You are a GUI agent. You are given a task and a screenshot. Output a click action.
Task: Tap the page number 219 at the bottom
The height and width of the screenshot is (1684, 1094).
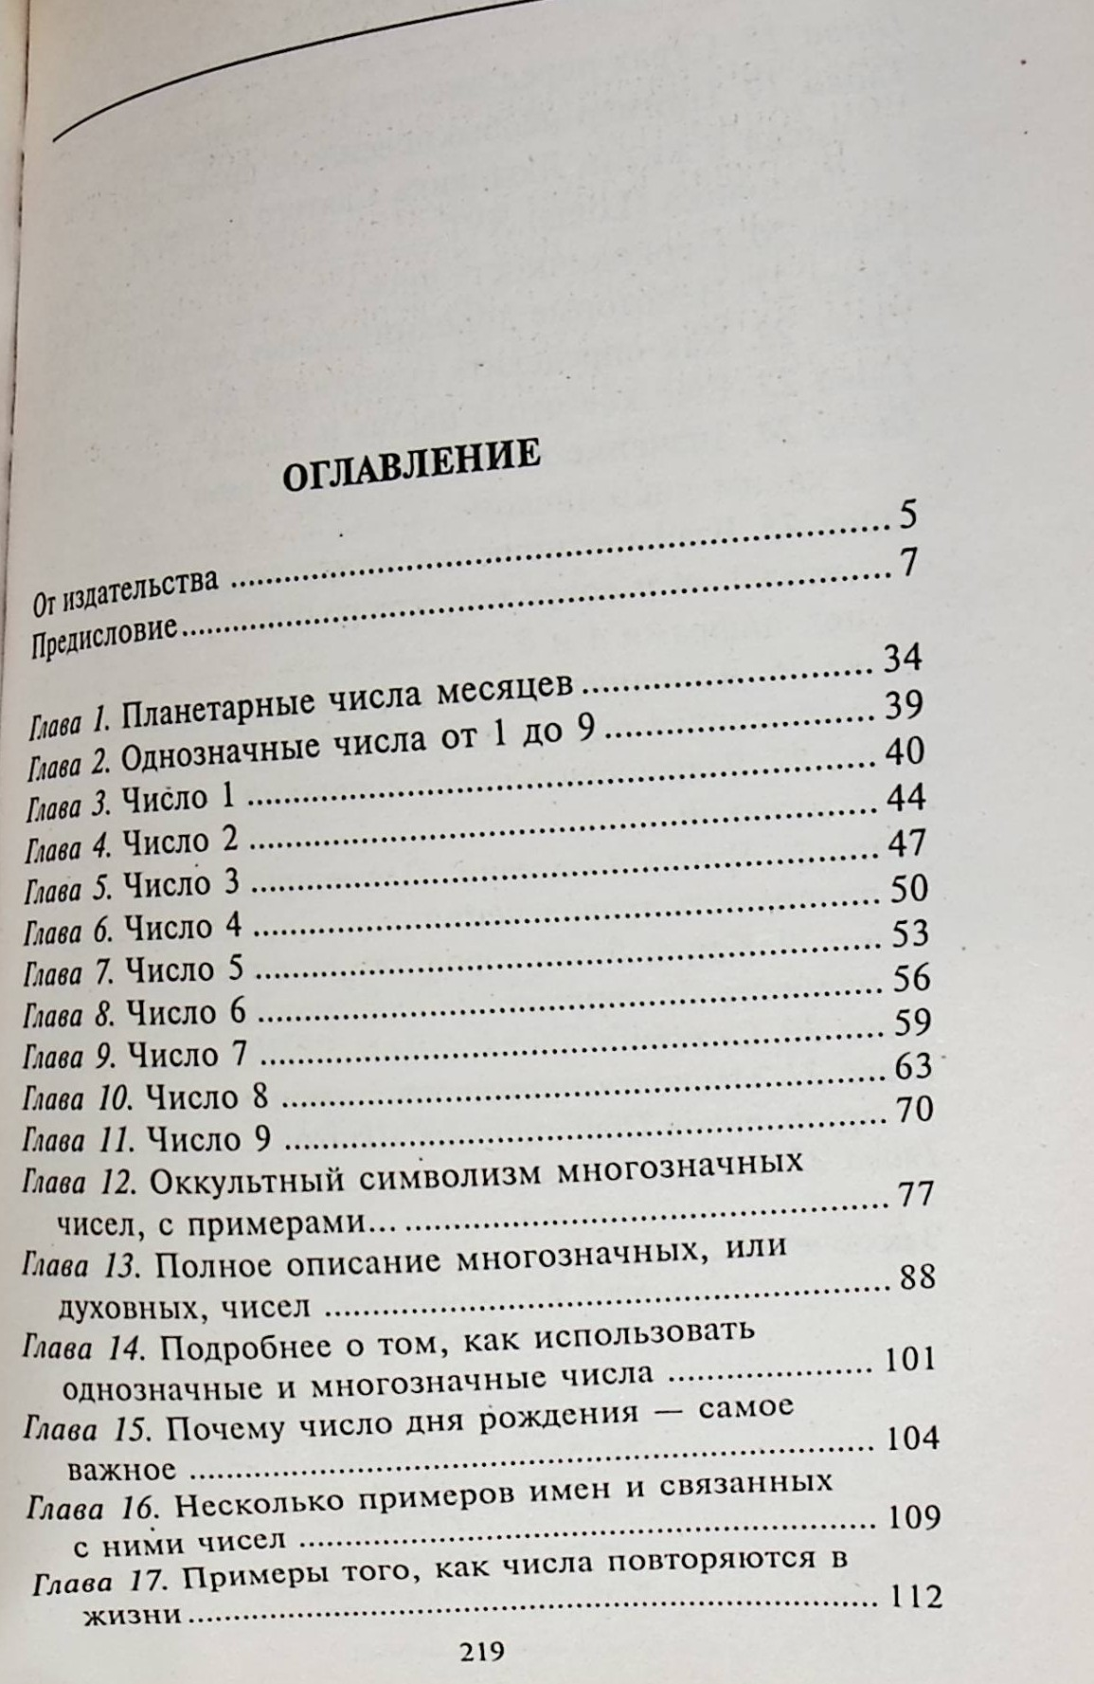click(481, 1653)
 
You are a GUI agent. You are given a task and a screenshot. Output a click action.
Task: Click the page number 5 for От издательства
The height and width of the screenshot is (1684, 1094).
click(907, 516)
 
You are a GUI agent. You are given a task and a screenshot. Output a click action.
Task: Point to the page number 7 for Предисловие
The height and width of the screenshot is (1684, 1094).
click(908, 564)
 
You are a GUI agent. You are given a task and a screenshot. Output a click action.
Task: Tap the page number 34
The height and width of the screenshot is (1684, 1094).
click(902, 657)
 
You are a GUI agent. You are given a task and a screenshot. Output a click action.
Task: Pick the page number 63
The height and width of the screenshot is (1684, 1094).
click(913, 1066)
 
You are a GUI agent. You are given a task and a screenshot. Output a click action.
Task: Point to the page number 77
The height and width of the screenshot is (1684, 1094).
click(915, 1194)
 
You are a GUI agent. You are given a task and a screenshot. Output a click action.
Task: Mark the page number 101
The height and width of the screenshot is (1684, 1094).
click(909, 1360)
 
